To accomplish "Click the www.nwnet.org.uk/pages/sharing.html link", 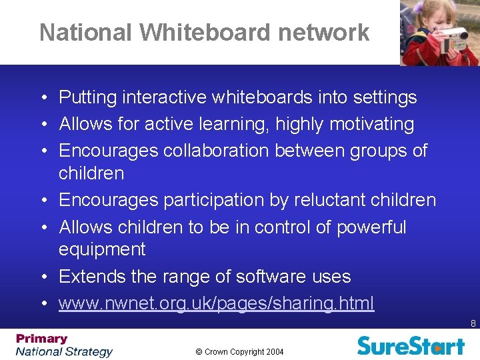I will pos(216,303).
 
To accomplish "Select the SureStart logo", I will pos(410,345).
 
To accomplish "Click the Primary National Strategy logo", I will pos(64,345).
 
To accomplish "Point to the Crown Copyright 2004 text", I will pos(239,351).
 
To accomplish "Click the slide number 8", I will pos(473,324).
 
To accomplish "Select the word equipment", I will pos(101,249).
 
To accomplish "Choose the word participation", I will pos(200,200).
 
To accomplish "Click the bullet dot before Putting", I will pos(43,99).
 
